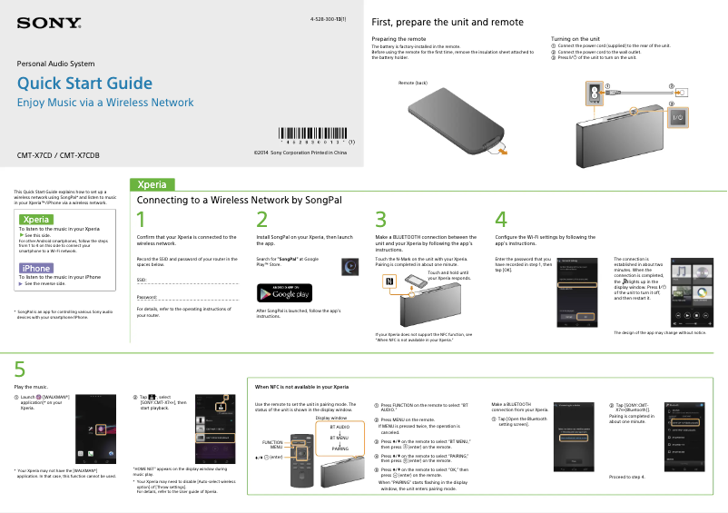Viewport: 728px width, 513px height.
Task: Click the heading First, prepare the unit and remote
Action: tap(448, 22)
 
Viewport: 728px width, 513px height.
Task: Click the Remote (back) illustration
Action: tap(458, 117)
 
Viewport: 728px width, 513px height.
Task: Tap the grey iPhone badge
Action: tap(36, 268)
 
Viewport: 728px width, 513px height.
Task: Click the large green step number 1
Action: tap(141, 220)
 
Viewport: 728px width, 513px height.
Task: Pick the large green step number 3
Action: tap(381, 220)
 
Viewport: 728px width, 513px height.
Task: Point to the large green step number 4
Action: tap(501, 220)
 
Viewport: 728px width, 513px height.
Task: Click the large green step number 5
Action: tap(20, 369)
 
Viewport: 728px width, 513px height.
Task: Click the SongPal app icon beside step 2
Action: tap(349, 266)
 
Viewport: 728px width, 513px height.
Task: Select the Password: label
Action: tap(147, 297)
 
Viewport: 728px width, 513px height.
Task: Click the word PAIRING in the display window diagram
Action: tap(340, 449)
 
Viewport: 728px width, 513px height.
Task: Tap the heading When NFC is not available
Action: tap(301, 388)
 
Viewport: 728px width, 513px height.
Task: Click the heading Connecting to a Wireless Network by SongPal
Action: tap(239, 199)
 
